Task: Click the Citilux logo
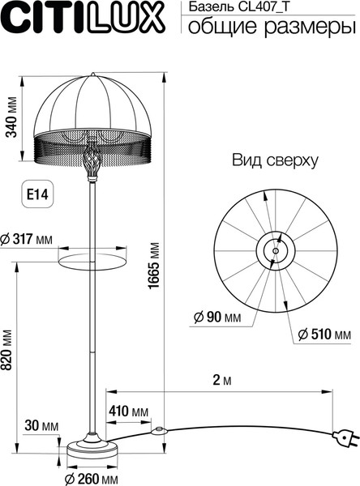(x=83, y=19)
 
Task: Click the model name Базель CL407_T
(x=238, y=7)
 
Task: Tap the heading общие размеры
(x=272, y=27)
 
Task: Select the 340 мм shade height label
(x=12, y=117)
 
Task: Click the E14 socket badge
(x=37, y=194)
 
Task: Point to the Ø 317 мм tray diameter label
(x=27, y=239)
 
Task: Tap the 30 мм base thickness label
(x=41, y=425)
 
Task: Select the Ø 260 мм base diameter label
(x=92, y=478)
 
